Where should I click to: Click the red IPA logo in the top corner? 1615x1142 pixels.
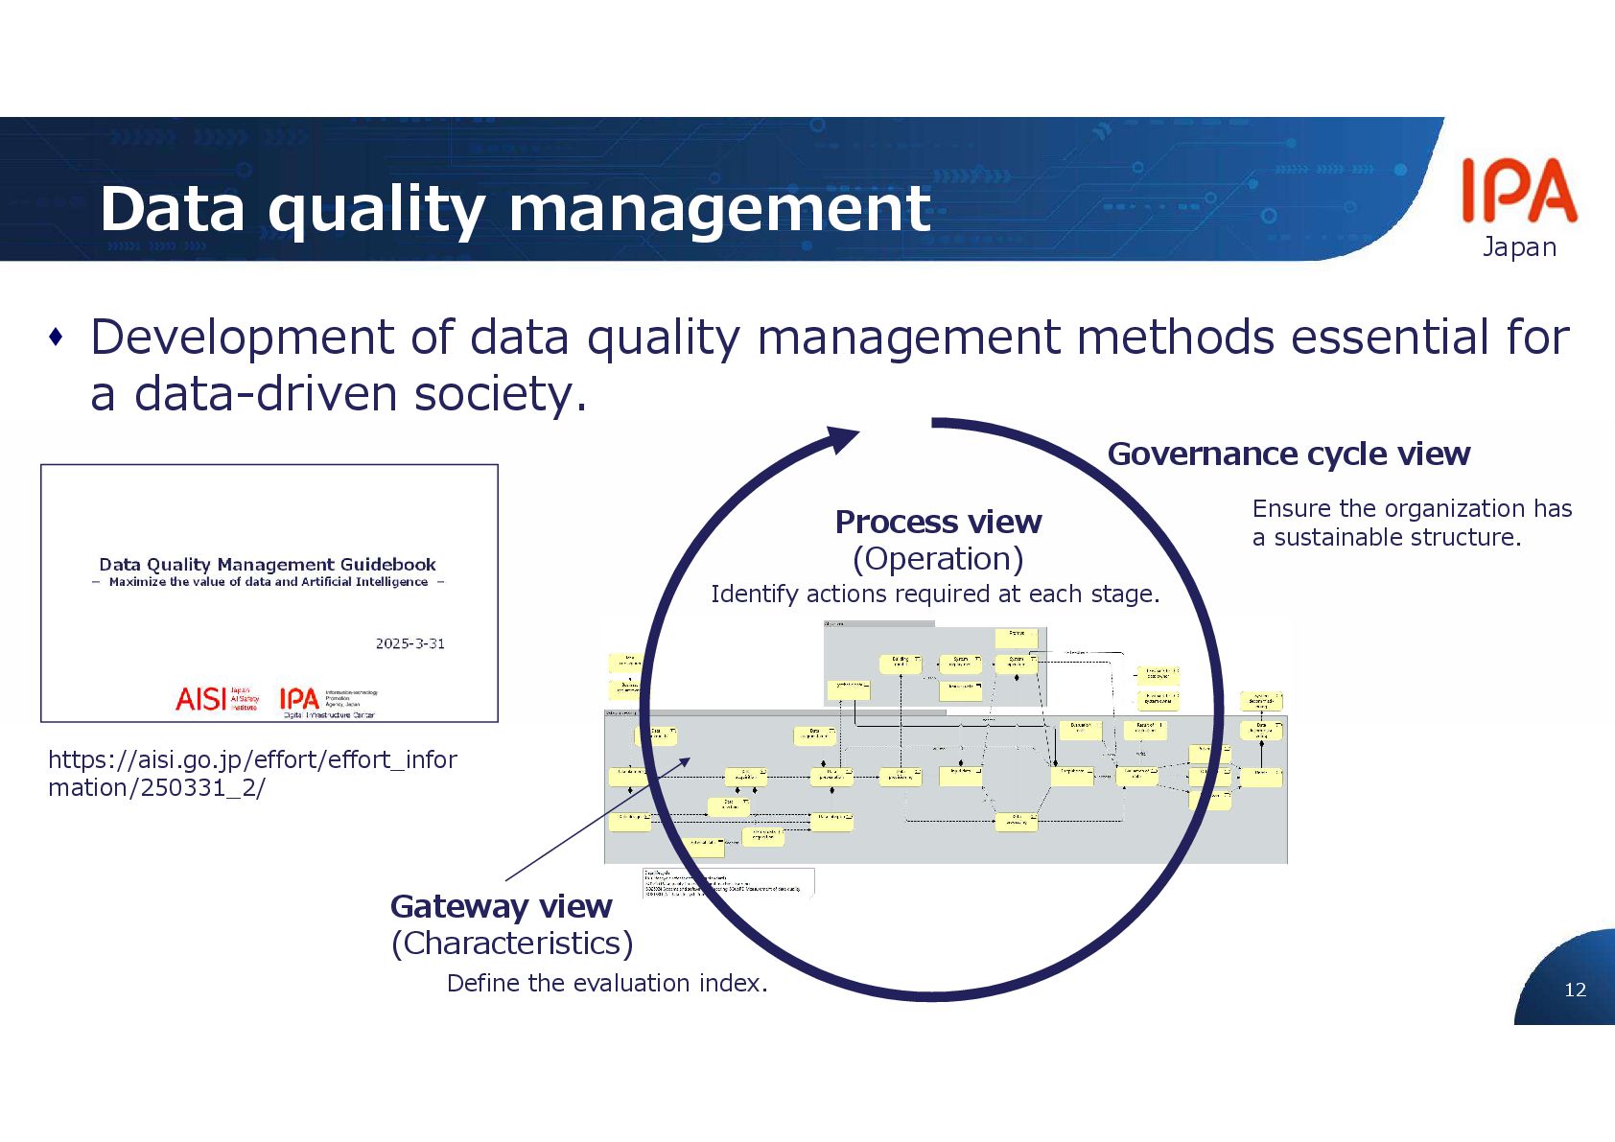(x=1518, y=191)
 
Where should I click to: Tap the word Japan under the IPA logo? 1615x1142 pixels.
(x=1519, y=247)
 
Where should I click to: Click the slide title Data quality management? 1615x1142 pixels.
(x=515, y=208)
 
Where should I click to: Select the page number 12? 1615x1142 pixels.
(x=1575, y=990)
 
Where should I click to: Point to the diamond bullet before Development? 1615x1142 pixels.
(x=57, y=337)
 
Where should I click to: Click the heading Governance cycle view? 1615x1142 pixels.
(x=1288, y=454)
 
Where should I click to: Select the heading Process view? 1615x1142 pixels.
(x=938, y=522)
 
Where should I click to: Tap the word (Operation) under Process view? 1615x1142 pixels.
(x=938, y=558)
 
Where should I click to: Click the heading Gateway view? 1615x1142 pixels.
(x=501, y=906)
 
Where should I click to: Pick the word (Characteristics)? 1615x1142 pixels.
(x=512, y=944)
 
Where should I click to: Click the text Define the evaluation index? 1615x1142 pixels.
(x=607, y=983)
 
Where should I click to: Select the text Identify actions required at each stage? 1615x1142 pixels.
(x=935, y=594)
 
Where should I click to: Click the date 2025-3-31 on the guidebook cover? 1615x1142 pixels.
(x=410, y=643)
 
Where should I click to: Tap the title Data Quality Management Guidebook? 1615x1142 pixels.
(x=268, y=565)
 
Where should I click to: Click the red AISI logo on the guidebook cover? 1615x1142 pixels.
(x=201, y=699)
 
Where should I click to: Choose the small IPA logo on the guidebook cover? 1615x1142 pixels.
(x=299, y=699)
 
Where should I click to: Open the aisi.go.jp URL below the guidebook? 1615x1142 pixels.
(x=252, y=773)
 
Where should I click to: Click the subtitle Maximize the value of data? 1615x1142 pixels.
(x=268, y=582)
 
